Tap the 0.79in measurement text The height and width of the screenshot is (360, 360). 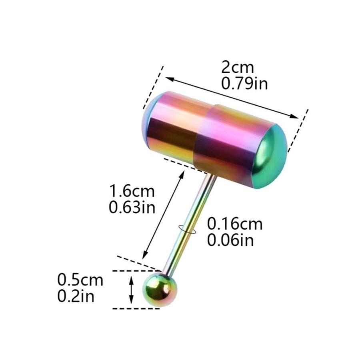(x=244, y=84)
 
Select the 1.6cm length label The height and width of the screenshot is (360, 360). (x=132, y=191)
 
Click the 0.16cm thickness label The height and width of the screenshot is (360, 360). (x=235, y=224)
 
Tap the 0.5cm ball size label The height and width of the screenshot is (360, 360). (x=80, y=280)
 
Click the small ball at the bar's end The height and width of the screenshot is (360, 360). (x=160, y=290)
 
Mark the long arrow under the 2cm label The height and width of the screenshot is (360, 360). (x=232, y=97)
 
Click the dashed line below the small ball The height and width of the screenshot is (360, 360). (x=136, y=308)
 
